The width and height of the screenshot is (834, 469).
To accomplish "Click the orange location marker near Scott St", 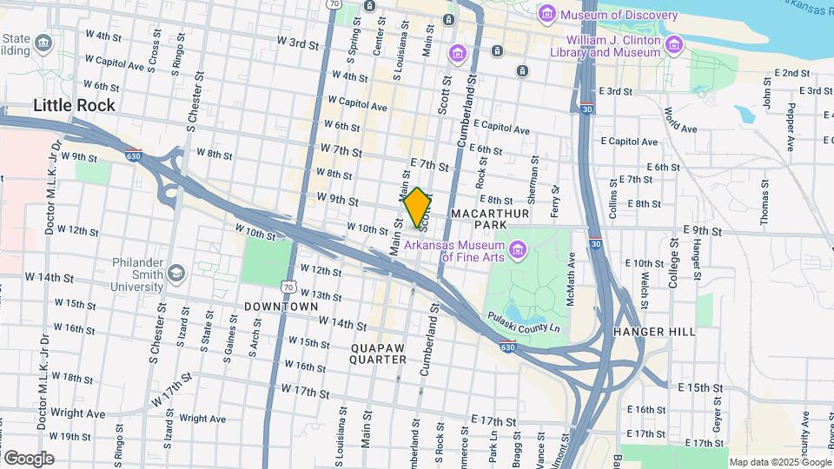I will coord(418,208).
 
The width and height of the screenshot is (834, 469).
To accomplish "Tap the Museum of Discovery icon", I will coord(547,15).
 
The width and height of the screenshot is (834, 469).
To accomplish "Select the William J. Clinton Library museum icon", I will coord(673,44).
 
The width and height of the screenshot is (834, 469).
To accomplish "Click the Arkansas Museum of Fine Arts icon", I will coord(519,252).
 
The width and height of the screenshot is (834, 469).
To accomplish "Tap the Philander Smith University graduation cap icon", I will coord(177,274).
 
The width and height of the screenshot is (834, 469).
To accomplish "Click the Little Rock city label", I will coord(74,106).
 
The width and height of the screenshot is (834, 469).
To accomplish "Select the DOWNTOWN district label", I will coord(281,307).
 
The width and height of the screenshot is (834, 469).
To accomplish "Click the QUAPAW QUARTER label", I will coord(379,353).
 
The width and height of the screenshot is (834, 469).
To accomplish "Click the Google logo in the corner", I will coord(28,459).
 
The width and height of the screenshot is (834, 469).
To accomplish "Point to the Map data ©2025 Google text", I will coord(779,462).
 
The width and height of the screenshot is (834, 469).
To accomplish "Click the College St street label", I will coord(672,260).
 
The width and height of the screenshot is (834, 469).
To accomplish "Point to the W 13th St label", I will coord(321,296).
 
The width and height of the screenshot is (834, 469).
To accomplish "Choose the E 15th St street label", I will coord(700,386).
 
